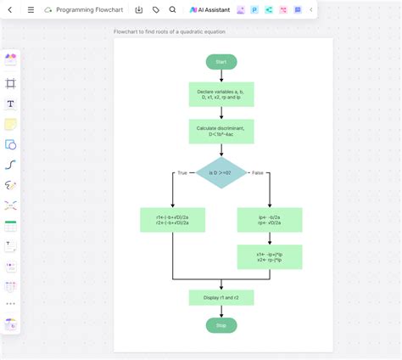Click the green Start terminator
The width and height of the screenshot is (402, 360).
[x=221, y=62]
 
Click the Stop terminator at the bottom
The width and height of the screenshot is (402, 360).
[x=221, y=324]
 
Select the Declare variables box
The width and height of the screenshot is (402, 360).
[x=221, y=94]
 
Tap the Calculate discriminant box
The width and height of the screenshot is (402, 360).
[x=221, y=131]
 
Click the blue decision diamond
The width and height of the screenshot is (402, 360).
[x=221, y=172]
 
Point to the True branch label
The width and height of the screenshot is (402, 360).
[x=181, y=172]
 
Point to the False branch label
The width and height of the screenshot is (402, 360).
[x=258, y=172]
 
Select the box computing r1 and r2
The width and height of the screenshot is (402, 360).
[x=173, y=220]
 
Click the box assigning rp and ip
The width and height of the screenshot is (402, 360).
[x=269, y=220]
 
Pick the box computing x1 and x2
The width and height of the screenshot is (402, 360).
[x=269, y=256]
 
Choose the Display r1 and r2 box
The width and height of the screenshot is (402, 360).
[x=221, y=297]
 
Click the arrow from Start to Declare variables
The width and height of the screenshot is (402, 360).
[x=221, y=76]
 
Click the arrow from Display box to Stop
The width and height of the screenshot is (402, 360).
[x=221, y=311]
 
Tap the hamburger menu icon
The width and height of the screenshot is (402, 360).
[x=31, y=10]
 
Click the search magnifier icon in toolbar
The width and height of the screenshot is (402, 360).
[x=173, y=10]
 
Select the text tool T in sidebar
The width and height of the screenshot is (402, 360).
[x=11, y=104]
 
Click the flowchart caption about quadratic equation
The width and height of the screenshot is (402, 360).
[x=170, y=31]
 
